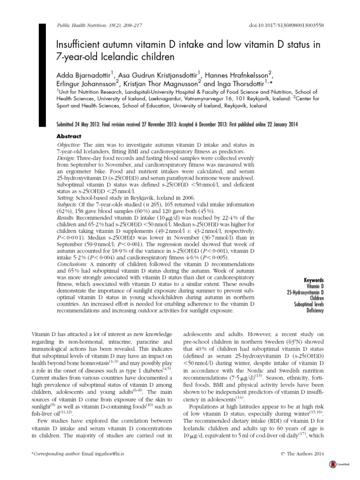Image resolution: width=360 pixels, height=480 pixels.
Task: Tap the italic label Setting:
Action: (67, 197)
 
